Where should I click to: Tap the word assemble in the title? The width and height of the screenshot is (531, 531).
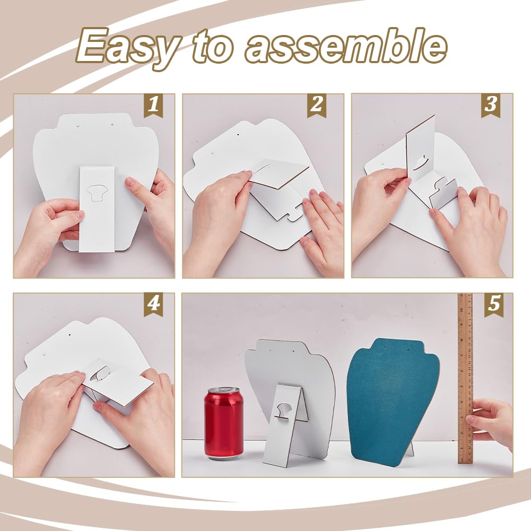pyautogui.click(x=345, y=46)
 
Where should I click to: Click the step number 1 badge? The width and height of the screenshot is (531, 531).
pyautogui.click(x=153, y=105)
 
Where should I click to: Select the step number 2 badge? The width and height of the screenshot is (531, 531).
pyautogui.click(x=317, y=105)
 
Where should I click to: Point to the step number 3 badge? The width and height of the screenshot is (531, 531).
pyautogui.click(x=491, y=105)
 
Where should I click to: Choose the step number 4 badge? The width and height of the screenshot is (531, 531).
pyautogui.click(x=153, y=304)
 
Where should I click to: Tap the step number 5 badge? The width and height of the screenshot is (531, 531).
pyautogui.click(x=494, y=304)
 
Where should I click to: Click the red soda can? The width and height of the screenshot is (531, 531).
pyautogui.click(x=224, y=423)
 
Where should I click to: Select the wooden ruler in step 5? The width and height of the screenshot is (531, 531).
pyautogui.click(x=465, y=378)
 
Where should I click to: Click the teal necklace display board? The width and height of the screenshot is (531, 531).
pyautogui.click(x=394, y=402)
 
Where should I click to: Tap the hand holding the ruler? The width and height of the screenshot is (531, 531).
pyautogui.click(x=490, y=423)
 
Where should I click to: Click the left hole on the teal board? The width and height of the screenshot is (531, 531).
pyautogui.click(x=385, y=347)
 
